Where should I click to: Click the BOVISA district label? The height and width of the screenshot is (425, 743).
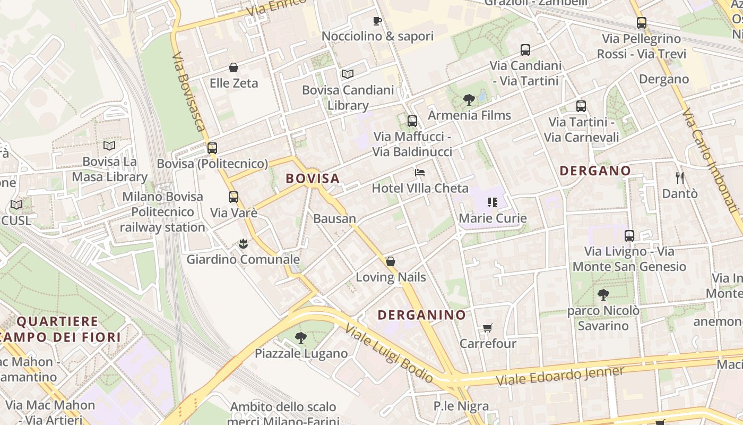pyautogui.click(x=313, y=178)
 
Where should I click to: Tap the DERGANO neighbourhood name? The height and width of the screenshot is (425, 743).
pyautogui.click(x=595, y=171)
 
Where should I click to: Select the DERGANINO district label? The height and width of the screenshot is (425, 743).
pyautogui.click(x=421, y=315)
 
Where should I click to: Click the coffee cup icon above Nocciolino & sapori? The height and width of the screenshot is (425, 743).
pyautogui.click(x=377, y=21)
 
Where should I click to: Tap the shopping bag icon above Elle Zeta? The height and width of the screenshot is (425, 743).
pyautogui.click(x=233, y=67)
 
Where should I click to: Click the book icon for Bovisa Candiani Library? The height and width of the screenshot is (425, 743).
pyautogui.click(x=347, y=74)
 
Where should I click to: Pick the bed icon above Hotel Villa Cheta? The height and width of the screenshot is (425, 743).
pyautogui.click(x=419, y=173)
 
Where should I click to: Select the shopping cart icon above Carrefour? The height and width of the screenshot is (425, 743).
pyautogui.click(x=487, y=328)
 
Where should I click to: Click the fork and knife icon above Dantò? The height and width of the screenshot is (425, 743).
pyautogui.click(x=679, y=178)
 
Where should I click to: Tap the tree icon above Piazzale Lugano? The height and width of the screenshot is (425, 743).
pyautogui.click(x=300, y=337)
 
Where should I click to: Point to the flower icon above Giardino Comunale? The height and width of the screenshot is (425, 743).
pyautogui.click(x=243, y=244)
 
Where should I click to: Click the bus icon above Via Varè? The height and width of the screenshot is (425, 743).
pyautogui.click(x=233, y=197)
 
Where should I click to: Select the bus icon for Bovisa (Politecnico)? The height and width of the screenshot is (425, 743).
pyautogui.click(x=212, y=148)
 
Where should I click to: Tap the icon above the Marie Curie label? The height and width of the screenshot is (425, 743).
pyautogui.click(x=492, y=202)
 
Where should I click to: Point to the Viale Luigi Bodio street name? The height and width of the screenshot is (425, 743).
pyautogui.click(x=389, y=353)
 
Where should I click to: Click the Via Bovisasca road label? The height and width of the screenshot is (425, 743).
pyautogui.click(x=188, y=91)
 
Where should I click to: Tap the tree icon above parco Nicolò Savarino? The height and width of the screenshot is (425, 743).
pyautogui.click(x=603, y=295)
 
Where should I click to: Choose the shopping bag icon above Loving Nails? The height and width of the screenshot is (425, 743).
pyautogui.click(x=390, y=261)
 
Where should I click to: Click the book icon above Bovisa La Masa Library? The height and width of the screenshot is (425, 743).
pyautogui.click(x=109, y=146)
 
